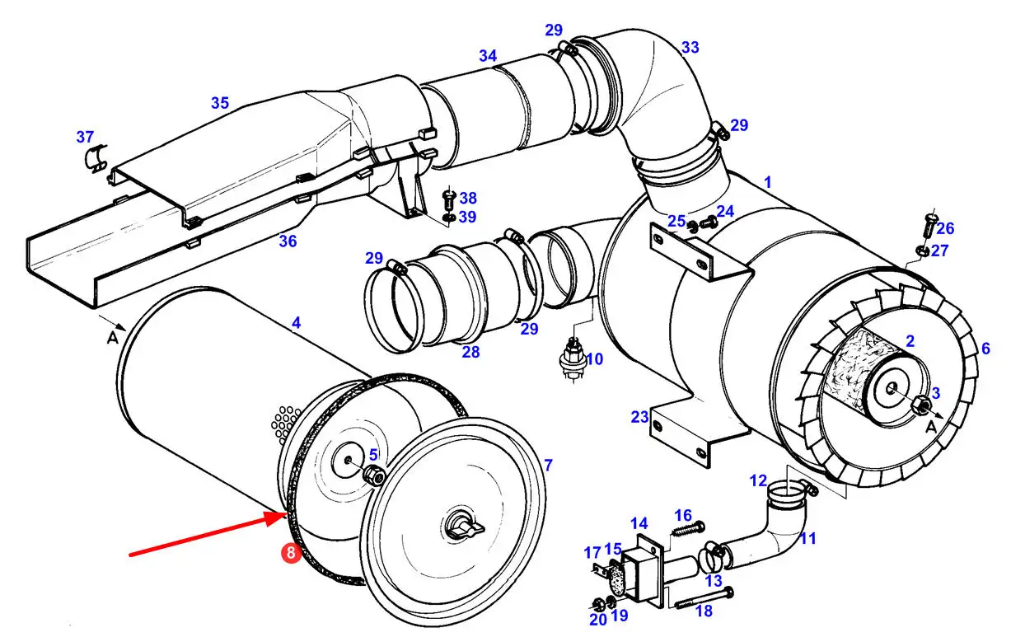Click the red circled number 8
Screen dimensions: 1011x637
click(x=291, y=553)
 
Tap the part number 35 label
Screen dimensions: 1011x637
click(x=220, y=103)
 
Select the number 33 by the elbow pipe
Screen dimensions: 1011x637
click(x=690, y=48)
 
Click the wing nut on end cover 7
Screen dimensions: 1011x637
click(x=465, y=527)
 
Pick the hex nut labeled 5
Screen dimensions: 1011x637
click(x=374, y=475)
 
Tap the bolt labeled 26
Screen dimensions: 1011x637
click(x=930, y=226)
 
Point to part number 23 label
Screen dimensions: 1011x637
click(x=639, y=417)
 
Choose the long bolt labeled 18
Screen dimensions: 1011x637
click(x=704, y=598)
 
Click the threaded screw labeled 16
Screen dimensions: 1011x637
click(x=688, y=529)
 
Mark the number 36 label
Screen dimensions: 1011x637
click(x=288, y=241)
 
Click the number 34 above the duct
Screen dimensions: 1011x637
click(x=488, y=56)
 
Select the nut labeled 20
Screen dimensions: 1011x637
click(x=597, y=603)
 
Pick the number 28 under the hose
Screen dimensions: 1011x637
click(x=470, y=352)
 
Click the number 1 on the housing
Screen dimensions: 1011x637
click(x=768, y=182)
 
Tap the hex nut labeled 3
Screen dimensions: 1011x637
click(x=920, y=404)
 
